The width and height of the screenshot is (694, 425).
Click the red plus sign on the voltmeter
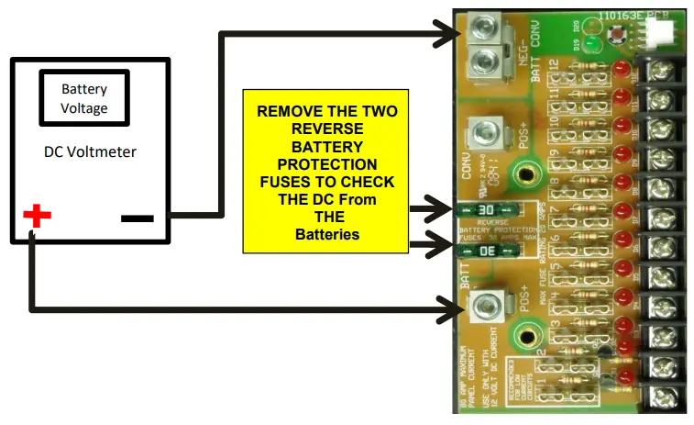37,217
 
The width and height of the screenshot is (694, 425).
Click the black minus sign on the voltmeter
138,218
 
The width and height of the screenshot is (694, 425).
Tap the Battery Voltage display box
84,99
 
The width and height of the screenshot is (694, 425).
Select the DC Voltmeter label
90,151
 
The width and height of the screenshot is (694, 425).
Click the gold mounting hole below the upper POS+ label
526,171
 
